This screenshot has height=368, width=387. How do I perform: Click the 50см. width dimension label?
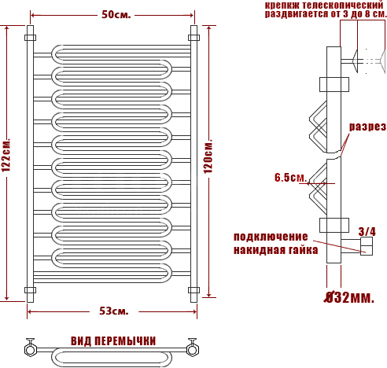116,14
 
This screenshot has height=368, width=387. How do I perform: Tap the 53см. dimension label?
114,311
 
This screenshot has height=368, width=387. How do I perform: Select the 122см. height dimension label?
6,155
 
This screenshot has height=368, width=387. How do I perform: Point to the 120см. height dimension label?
208,156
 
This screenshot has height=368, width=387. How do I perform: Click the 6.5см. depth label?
290,178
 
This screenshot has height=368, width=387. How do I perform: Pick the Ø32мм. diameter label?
349,297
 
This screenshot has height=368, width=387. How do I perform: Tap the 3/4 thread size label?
367,232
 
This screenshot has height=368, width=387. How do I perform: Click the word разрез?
367,127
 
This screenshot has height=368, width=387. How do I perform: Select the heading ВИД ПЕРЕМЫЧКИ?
113,341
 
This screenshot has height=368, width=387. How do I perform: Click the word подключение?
271,237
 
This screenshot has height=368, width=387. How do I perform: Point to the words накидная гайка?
275,250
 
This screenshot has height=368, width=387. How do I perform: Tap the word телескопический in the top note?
343,6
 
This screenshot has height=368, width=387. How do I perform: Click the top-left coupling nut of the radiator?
31,38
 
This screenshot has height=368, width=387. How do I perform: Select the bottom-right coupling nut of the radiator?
193,290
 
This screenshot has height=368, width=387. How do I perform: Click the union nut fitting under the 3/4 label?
367,246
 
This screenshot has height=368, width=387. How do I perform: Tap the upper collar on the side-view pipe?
334,84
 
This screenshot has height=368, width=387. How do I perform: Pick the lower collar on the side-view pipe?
334,225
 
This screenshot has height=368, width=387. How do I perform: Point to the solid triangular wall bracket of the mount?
356,61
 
